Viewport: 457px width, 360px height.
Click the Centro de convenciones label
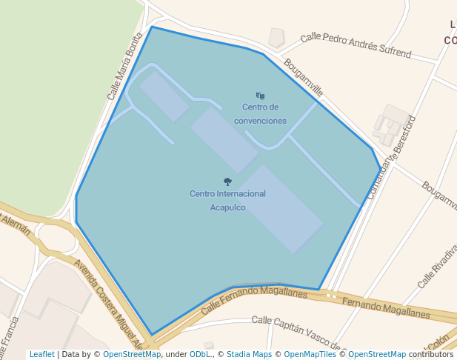(259, 114)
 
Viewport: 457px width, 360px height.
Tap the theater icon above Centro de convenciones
(260, 96)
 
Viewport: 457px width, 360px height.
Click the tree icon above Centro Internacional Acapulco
(227, 181)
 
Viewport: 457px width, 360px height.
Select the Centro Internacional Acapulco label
(227, 200)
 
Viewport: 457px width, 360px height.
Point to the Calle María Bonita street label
(124, 66)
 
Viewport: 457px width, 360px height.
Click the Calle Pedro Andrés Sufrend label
(356, 44)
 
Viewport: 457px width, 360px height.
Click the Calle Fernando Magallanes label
(254, 297)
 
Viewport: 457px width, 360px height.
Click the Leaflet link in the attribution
(41, 355)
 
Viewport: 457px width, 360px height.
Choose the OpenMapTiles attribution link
(310, 355)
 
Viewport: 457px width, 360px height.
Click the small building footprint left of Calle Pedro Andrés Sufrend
(277, 36)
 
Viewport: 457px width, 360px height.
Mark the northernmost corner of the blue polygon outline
(152, 27)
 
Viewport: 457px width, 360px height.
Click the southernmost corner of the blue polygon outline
(153, 335)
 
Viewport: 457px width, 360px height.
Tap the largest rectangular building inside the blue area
(281, 208)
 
